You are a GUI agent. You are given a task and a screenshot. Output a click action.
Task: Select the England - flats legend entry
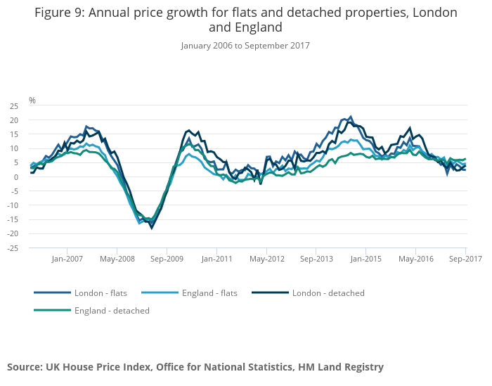pyautogui.click(x=209, y=292)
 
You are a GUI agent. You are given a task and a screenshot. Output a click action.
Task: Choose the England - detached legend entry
pyautogui.click(x=112, y=310)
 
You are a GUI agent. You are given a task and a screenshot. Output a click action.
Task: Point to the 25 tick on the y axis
pyautogui.click(x=14, y=106)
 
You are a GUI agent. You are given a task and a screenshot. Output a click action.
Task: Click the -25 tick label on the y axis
pyautogui.click(x=13, y=248)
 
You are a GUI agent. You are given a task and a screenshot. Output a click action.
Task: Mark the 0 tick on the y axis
pyautogui.click(x=16, y=177)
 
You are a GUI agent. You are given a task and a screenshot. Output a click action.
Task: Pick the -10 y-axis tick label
pyautogui.click(x=13, y=205)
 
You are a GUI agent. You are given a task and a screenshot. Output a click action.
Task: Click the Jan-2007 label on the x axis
pyautogui.click(x=67, y=259)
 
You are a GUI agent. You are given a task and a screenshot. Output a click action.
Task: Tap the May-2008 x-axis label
pyautogui.click(x=117, y=259)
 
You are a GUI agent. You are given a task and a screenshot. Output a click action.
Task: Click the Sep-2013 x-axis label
pyautogui.click(x=316, y=259)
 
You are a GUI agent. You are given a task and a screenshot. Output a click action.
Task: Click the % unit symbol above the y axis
pyautogui.click(x=32, y=101)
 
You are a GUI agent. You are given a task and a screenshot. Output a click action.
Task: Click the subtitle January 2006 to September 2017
pyautogui.click(x=245, y=46)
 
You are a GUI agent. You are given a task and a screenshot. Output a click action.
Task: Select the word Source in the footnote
pyautogui.click(x=25, y=366)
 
